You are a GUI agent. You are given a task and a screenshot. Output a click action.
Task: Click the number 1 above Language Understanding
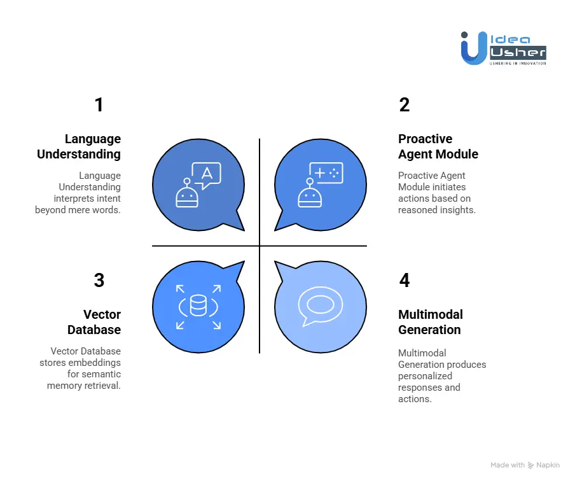[x=99, y=105]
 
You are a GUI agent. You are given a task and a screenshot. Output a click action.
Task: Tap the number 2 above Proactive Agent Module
[x=405, y=105]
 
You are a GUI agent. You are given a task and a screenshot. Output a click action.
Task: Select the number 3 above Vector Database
[x=99, y=281]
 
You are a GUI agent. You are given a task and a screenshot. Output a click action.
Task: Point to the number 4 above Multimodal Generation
[x=405, y=281]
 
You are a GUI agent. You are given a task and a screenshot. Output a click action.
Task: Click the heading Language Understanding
[x=79, y=146]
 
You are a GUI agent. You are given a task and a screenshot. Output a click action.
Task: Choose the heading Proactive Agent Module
[x=438, y=146]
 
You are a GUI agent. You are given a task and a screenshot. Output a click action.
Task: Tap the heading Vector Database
[x=94, y=322]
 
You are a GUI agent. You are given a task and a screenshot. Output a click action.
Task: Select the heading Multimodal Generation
[x=431, y=322]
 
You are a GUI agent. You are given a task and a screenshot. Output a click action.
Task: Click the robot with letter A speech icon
[x=198, y=185]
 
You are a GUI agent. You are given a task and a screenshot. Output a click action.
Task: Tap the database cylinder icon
[x=198, y=307]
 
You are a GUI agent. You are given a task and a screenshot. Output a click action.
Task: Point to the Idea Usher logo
[x=503, y=48]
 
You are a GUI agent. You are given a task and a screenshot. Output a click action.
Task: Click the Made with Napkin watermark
[x=525, y=465]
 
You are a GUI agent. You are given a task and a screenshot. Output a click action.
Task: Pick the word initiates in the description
[x=448, y=187]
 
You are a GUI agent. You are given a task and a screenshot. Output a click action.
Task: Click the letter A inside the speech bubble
[x=206, y=173]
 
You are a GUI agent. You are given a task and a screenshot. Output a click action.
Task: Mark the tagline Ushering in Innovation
[x=517, y=63]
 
